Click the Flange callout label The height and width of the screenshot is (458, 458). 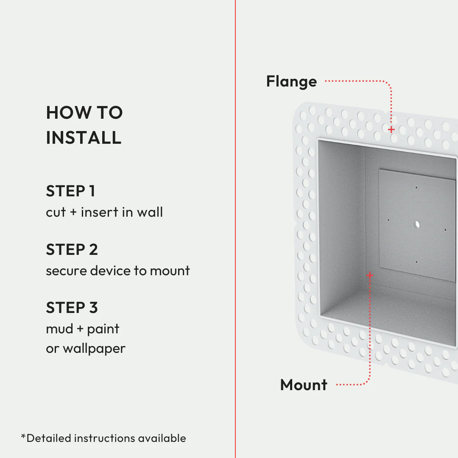pos(291,81)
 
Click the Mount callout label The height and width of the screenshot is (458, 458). pos(304,385)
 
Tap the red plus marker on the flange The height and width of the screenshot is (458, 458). pos(391,129)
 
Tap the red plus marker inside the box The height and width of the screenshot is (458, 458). pos(370,276)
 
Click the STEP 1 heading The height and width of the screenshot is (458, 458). pos(70,191)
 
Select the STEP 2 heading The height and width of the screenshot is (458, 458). pos(72,250)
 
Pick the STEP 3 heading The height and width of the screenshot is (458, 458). pos(72,308)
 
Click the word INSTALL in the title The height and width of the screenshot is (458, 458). pos(84,138)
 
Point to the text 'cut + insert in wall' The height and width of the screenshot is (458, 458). pos(104,212)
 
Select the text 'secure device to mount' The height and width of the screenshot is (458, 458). pos(118,271)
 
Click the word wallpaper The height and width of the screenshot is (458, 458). pos(94,349)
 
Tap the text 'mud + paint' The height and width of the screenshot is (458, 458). pos(83,329)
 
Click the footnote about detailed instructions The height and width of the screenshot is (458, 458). pos(103,438)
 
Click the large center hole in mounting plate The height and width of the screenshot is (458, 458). pos(417,224)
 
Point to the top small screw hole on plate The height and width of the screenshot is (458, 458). pos(416,187)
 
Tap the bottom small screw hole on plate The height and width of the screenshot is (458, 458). pos(416,262)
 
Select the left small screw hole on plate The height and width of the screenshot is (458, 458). pos(388,220)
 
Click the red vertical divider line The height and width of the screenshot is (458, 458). pos(235,229)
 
